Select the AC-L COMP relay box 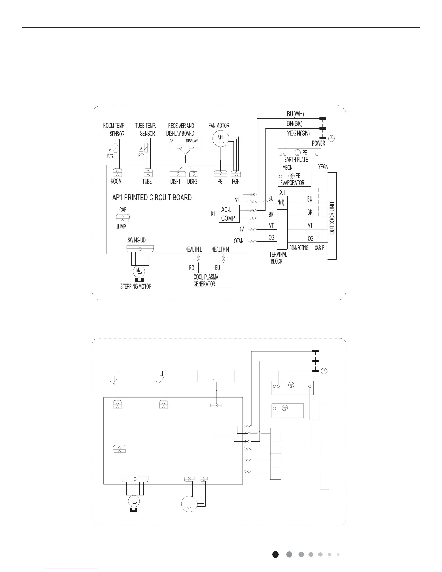[229, 214]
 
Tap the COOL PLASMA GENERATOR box [210, 281]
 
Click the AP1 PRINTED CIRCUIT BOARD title [152, 198]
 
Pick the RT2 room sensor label [110, 156]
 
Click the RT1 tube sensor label [141, 156]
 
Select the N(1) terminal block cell [281, 203]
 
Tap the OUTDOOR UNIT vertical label [332, 218]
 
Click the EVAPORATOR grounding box [294, 179]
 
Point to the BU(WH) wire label [295, 114]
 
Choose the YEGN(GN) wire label [298, 133]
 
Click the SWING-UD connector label [136, 240]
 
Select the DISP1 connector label [175, 182]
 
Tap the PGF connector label [235, 182]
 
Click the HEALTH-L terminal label [194, 250]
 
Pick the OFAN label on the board [239, 241]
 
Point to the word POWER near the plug [318, 143]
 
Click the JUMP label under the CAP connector [121, 227]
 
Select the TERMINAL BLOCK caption [278, 257]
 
